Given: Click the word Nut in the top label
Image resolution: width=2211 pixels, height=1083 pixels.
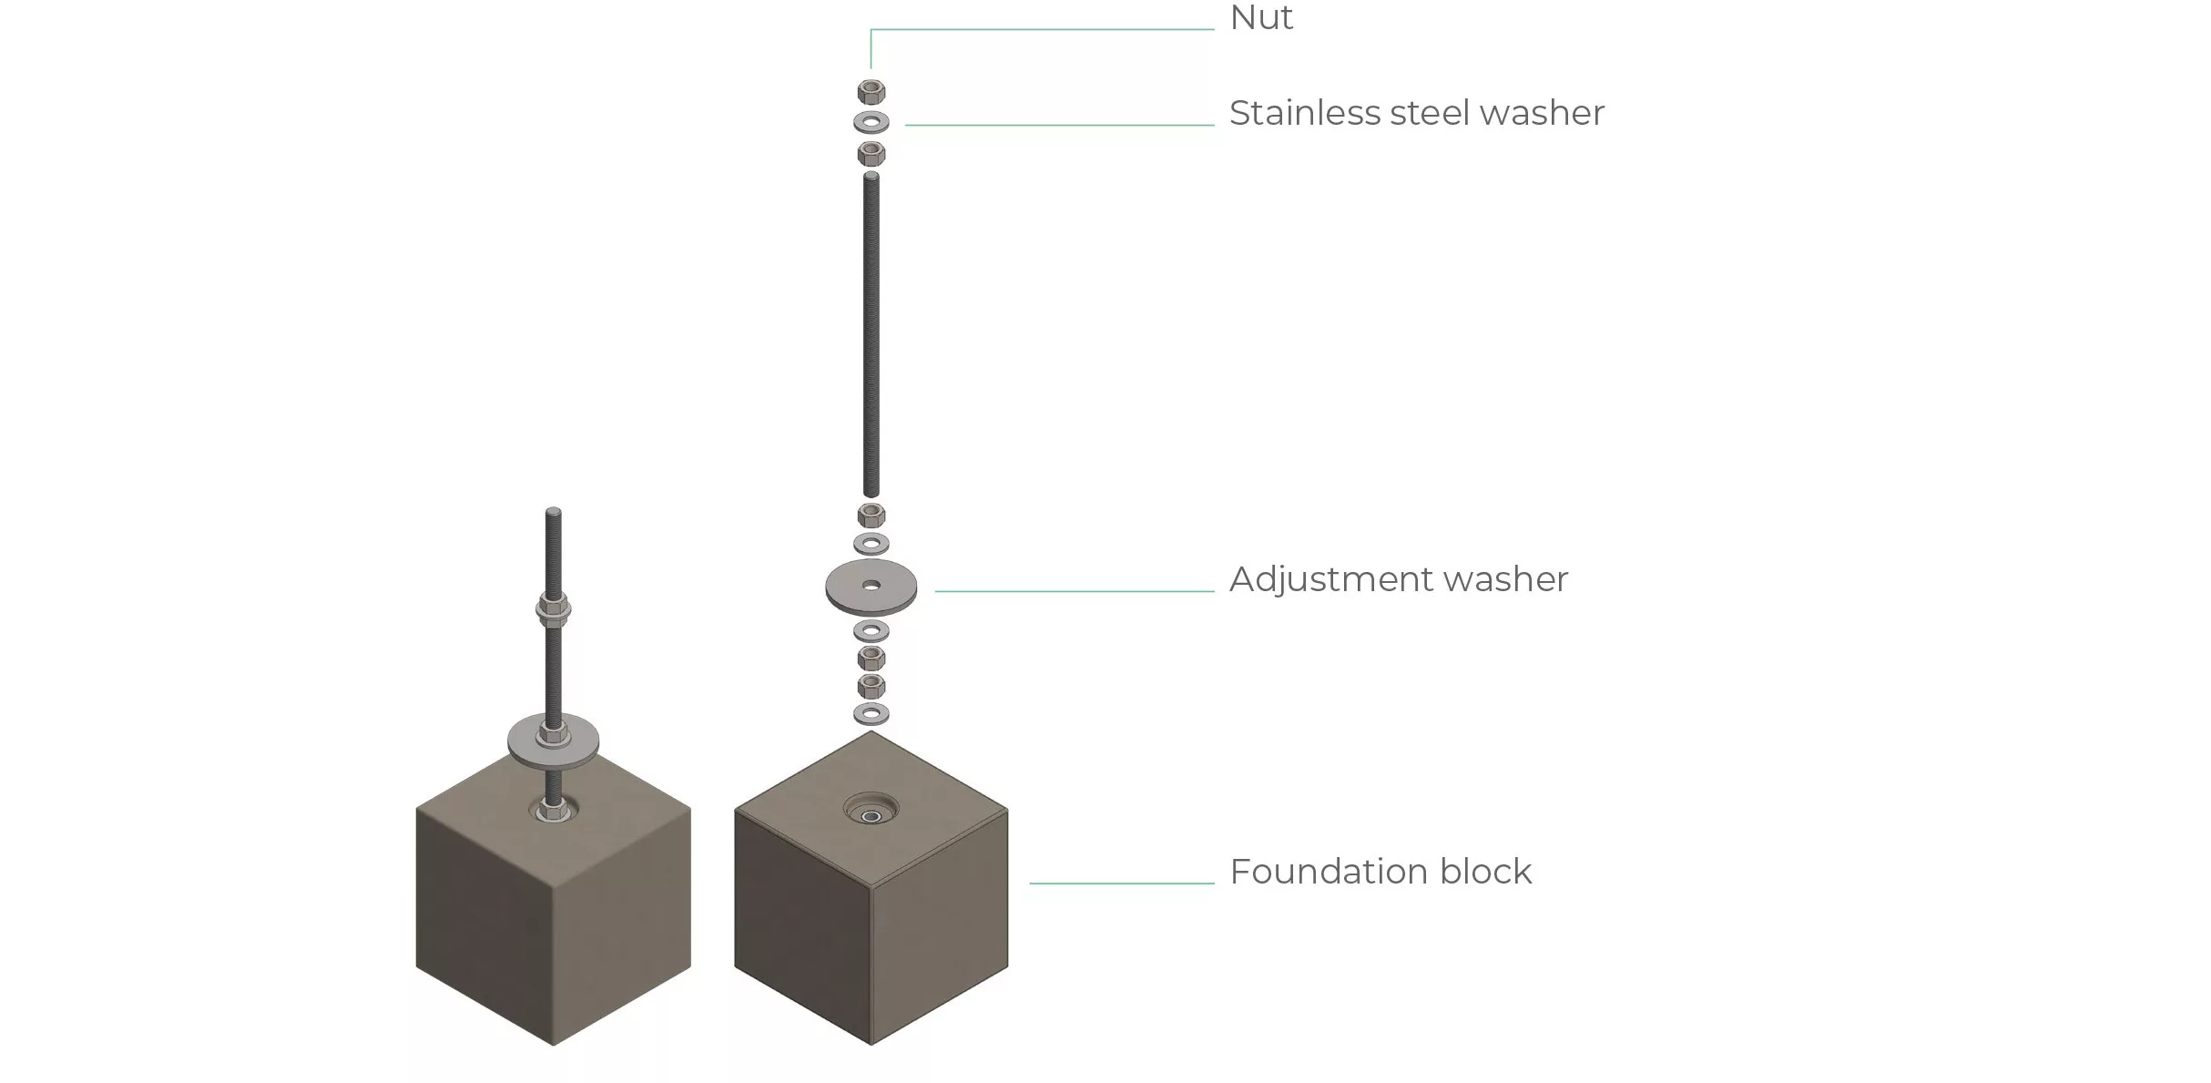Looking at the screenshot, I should [x=1260, y=18].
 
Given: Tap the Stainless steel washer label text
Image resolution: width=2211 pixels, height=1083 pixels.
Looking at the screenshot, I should [x=1416, y=113].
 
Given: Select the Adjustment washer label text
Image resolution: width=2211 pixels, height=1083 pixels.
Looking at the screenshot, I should [x=1398, y=579].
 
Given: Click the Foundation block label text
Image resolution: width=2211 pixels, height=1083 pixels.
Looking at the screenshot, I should [x=1380, y=872].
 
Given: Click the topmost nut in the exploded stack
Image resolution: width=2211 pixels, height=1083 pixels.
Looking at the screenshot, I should [x=871, y=91].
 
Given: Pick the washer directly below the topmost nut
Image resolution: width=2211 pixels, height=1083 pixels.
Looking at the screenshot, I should [x=871, y=121].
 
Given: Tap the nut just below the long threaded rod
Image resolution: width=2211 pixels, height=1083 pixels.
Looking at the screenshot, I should [x=871, y=515].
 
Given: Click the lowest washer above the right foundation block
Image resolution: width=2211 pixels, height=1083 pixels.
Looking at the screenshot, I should [x=871, y=713].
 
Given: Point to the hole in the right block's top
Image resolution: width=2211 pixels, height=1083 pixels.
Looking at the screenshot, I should [x=871, y=816].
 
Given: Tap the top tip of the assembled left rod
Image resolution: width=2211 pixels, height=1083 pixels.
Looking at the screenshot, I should [x=554, y=512].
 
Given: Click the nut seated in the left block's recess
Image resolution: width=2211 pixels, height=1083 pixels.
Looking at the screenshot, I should [x=550, y=808].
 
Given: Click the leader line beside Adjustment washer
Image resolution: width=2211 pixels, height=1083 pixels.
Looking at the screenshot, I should [x=1075, y=591].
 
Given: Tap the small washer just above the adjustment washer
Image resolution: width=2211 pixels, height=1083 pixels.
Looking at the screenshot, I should [x=871, y=544].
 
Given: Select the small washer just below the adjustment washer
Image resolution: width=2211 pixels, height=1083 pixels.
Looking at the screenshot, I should [x=871, y=630].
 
